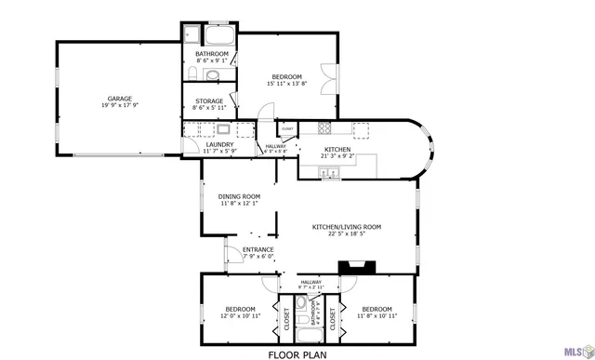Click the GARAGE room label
pyautogui.click(x=118, y=98)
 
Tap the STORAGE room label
pyautogui.click(x=209, y=101)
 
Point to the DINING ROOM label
pyautogui.click(x=239, y=196)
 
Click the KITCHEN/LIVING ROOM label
pyautogui.click(x=346, y=226)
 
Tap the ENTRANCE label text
pyautogui.click(x=258, y=249)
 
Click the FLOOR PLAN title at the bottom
pyautogui.click(x=297, y=353)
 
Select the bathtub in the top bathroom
pyautogui.click(x=220, y=38)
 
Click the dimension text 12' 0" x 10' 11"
pyautogui.click(x=241, y=316)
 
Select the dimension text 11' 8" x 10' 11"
pyautogui.click(x=377, y=316)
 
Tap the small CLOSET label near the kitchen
pyautogui.click(x=287, y=128)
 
